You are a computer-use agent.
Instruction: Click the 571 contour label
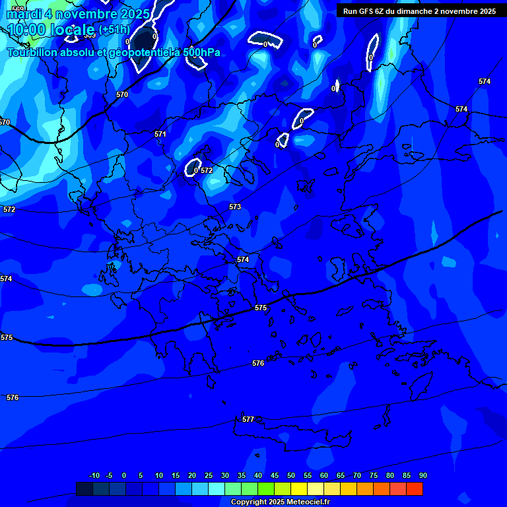click(x=160, y=134)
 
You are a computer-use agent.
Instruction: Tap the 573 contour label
click(x=235, y=207)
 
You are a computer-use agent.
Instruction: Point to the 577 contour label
click(x=248, y=419)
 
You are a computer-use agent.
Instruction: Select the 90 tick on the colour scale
click(x=422, y=475)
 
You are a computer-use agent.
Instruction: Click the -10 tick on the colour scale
click(x=94, y=475)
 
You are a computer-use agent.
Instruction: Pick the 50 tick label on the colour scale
click(x=291, y=475)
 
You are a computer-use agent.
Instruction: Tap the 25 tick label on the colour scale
click(x=209, y=475)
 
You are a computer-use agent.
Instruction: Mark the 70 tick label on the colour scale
click(x=357, y=475)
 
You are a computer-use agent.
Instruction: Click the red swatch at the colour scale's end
click(x=415, y=489)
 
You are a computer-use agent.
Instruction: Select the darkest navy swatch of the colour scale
click(x=84, y=489)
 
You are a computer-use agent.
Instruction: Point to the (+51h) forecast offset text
click(x=114, y=30)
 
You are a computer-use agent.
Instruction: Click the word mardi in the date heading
click(x=24, y=14)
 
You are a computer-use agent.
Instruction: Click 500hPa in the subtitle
click(x=201, y=52)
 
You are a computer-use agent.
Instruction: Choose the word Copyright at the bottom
click(x=249, y=502)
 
